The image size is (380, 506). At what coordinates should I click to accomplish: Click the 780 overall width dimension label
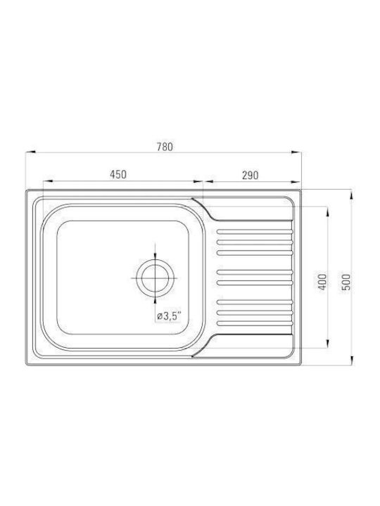point(165,147)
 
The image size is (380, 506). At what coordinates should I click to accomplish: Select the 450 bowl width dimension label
point(118,174)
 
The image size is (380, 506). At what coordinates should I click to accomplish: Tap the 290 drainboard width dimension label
point(250,175)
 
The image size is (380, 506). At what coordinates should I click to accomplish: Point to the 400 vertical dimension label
point(322,282)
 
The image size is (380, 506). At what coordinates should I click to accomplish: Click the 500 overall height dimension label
point(346,282)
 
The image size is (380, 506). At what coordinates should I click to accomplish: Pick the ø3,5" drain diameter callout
point(169,316)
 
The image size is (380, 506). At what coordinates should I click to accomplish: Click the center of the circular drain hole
point(155,278)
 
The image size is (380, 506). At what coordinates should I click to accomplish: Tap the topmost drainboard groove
point(255,232)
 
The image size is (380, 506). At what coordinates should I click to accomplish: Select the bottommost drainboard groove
point(255,323)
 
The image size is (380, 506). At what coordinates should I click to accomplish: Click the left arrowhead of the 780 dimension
point(30,152)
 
